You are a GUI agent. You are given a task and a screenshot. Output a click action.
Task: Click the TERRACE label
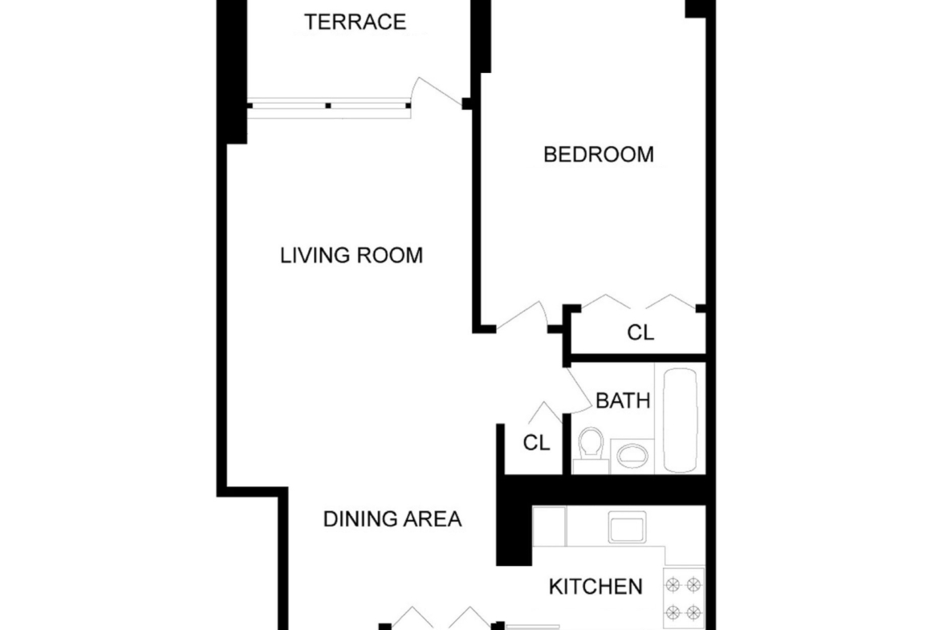tap(355, 22)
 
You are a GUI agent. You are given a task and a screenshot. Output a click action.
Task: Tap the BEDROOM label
tap(598, 155)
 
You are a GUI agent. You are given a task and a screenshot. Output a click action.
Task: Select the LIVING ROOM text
tap(352, 256)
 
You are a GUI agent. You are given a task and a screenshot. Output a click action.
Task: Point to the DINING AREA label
tap(392, 519)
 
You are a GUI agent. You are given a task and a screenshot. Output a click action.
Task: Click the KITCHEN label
tap(596, 587)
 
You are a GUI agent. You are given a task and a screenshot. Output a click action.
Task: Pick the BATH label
tap(623, 400)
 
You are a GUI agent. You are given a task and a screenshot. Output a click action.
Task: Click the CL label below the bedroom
tap(640, 332)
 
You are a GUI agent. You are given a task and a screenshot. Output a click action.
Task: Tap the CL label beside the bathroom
tap(536, 443)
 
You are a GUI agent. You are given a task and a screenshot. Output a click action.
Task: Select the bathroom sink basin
tap(632, 456)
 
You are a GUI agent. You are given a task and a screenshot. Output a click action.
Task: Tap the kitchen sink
tap(627, 527)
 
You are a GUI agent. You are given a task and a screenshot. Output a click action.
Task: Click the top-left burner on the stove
tap(673, 584)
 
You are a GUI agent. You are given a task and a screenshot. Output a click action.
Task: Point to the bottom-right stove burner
tap(693, 612)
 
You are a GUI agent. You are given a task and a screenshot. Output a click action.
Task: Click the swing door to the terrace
tap(440, 91)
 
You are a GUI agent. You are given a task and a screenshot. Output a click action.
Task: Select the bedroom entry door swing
tap(521, 316)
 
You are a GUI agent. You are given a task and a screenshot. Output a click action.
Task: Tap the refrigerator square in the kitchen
tap(549, 526)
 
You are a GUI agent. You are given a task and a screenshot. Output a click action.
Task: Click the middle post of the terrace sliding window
tap(328, 106)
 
